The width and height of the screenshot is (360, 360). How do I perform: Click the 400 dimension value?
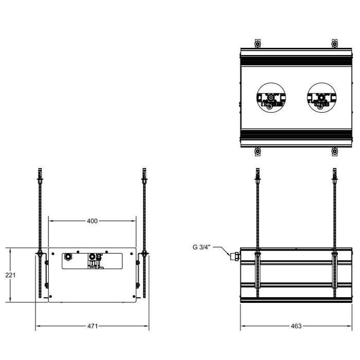(x=92, y=221)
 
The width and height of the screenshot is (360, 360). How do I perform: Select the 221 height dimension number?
(x=10, y=275)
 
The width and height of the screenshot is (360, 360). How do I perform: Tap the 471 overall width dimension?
(x=92, y=326)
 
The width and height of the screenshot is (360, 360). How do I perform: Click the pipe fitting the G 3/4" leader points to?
(x=236, y=255)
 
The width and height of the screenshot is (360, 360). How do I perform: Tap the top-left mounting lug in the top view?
(x=258, y=42)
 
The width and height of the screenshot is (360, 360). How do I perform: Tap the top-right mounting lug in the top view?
(x=334, y=42)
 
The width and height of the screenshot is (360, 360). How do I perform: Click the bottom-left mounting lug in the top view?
(x=258, y=152)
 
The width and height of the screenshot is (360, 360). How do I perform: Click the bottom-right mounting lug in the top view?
(x=334, y=152)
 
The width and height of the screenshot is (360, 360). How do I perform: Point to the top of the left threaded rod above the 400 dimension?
(x=39, y=172)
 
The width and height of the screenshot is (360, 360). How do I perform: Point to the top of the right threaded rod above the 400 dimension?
(x=145, y=172)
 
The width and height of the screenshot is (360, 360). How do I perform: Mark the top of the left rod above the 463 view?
(x=258, y=172)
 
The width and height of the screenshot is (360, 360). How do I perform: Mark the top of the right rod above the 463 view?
(x=334, y=172)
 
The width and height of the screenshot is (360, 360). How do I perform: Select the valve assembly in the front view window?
(x=94, y=259)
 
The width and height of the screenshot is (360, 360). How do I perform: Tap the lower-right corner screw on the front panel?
(x=134, y=297)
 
